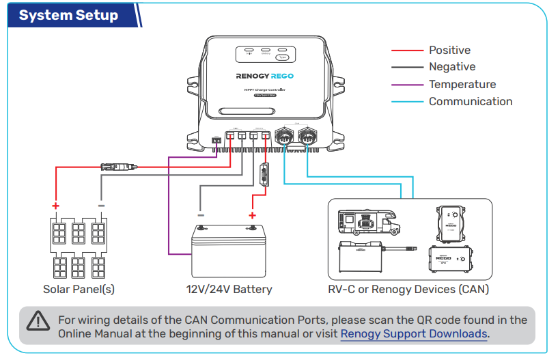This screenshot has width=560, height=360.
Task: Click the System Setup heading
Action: (68, 16)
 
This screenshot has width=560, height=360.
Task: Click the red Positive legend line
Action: (407, 51)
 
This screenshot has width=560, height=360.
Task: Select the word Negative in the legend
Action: (451, 67)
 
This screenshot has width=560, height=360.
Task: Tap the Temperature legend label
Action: (462, 85)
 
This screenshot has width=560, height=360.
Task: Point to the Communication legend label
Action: (470, 102)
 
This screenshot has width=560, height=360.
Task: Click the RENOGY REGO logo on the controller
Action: (265, 77)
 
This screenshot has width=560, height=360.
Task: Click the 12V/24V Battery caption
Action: (229, 289)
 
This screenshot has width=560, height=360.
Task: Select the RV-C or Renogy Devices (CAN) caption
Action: (408, 289)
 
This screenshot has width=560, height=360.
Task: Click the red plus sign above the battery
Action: (252, 214)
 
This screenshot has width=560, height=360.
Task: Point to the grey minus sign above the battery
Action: (201, 214)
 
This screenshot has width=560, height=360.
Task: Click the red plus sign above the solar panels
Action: (56, 206)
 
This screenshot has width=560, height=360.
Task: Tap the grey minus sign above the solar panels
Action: (101, 205)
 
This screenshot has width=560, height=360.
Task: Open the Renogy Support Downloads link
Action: (414, 334)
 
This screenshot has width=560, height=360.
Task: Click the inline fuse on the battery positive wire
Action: (264, 176)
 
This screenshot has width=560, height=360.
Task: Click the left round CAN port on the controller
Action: (282, 136)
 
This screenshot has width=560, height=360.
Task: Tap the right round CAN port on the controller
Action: (307, 136)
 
